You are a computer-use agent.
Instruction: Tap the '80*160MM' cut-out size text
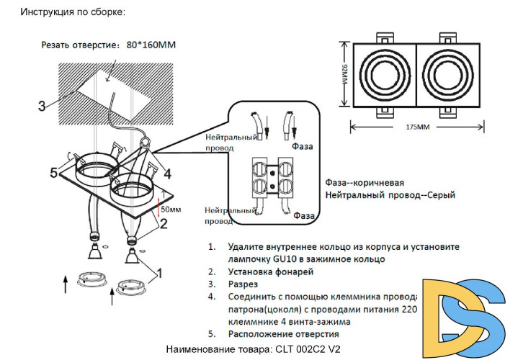coord(151,45)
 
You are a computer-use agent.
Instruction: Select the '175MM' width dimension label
coord(417,127)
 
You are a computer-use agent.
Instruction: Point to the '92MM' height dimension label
coord(345,75)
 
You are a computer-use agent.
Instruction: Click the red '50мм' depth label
coord(171,210)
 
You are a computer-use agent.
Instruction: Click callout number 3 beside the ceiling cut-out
coord(42,106)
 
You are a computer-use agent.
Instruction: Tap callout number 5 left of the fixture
coord(53,173)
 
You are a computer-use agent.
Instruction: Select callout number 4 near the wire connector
coord(166,174)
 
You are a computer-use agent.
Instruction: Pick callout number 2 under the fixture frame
coord(164,224)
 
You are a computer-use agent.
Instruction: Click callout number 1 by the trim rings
coord(159,273)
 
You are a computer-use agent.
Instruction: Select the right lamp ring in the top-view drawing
coord(450,75)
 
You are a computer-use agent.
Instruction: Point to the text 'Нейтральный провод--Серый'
coord(392,195)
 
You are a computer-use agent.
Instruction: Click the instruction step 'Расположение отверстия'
coord(283,334)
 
